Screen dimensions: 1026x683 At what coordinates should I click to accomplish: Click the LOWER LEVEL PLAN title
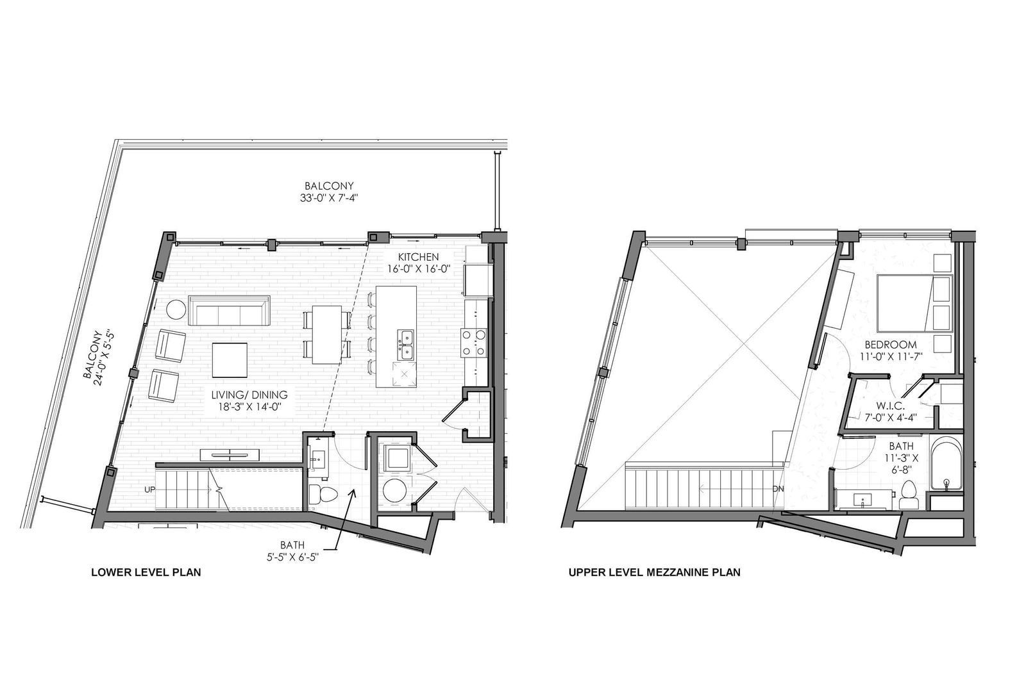pos(146,572)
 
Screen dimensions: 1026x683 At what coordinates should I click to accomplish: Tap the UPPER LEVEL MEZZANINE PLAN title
pos(655,572)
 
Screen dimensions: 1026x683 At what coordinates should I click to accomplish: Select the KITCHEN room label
pos(418,257)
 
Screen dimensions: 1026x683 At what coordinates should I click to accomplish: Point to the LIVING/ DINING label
pos(249,394)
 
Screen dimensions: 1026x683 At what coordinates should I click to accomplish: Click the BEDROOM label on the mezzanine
pos(891,345)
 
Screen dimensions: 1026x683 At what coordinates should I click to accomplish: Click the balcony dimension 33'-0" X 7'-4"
pos(329,198)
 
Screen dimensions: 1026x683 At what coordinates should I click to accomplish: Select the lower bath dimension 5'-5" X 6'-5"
pos(292,557)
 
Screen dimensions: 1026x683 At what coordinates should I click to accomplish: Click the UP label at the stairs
pos(150,490)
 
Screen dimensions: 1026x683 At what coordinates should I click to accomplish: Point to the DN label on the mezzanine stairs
pos(778,489)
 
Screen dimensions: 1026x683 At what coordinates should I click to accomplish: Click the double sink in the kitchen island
pos(405,345)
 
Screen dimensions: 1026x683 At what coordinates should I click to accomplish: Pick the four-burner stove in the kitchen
pos(473,343)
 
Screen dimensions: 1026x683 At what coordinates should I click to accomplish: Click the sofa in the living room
pos(229,310)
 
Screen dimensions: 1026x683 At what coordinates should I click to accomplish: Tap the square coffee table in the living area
pos(230,360)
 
